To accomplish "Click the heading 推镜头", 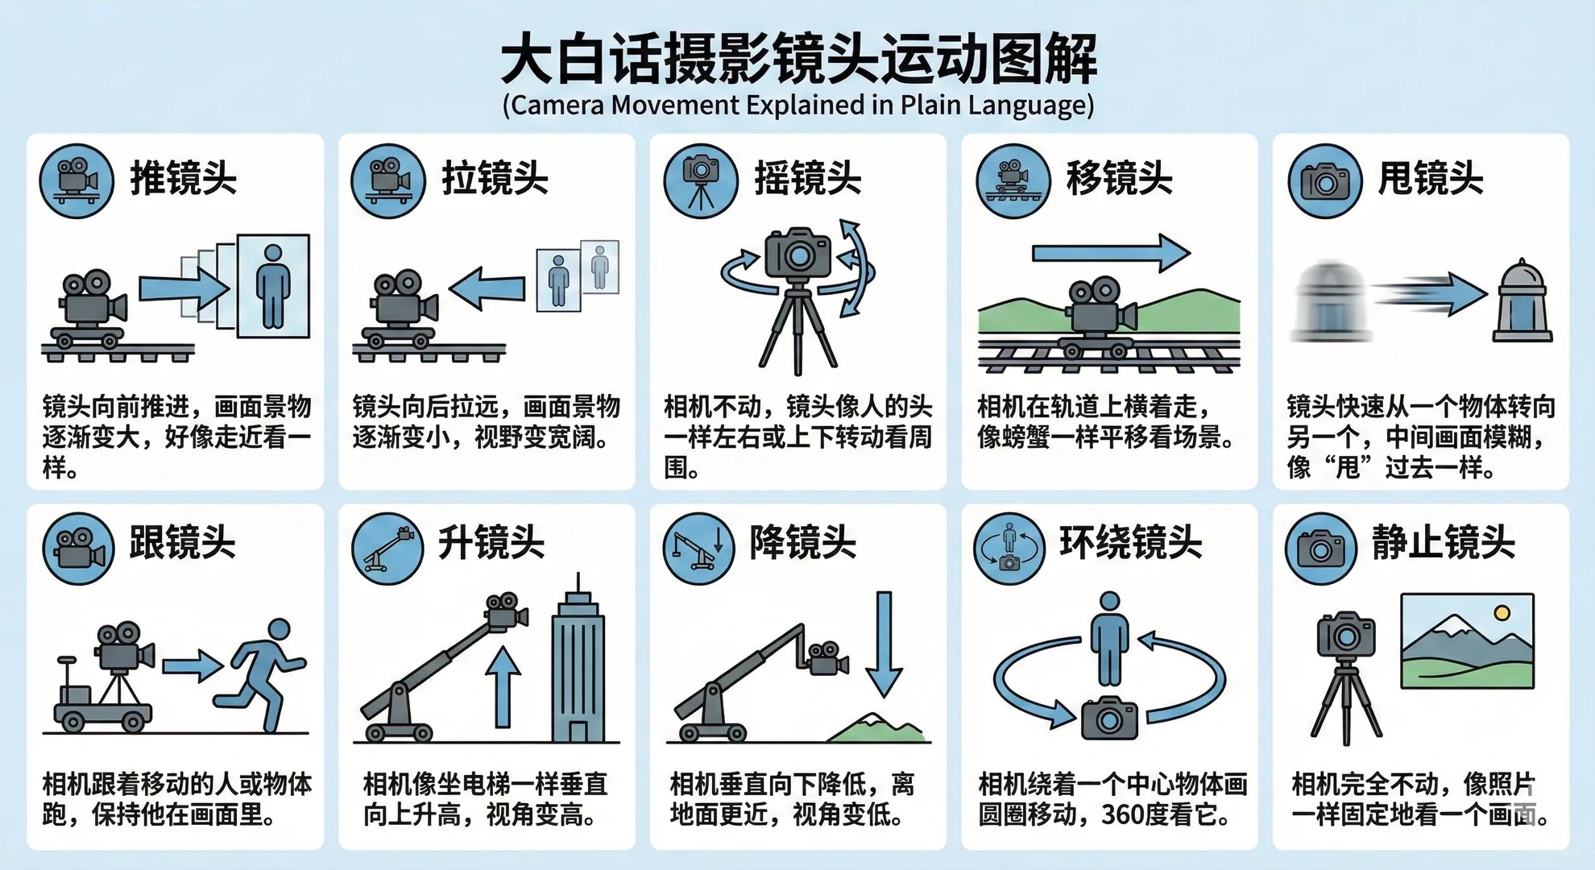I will pyautogui.click(x=184, y=178).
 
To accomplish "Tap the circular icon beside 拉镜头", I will pyautogui.click(x=387, y=181).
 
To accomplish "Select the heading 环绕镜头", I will pyautogui.click(x=1130, y=542).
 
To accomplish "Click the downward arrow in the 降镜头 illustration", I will pyautogui.click(x=884, y=644).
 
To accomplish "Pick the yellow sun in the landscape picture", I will pyautogui.click(x=1501, y=614).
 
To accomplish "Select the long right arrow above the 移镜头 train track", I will pyautogui.click(x=1110, y=254).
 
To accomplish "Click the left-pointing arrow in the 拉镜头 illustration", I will pyautogui.click(x=488, y=288).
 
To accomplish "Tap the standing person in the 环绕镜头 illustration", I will pyautogui.click(x=1109, y=638).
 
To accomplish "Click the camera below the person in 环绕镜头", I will pyautogui.click(x=1108, y=718).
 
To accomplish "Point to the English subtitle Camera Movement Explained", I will pyautogui.click(x=797, y=106).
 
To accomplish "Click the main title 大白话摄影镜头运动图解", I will pyautogui.click(x=797, y=60).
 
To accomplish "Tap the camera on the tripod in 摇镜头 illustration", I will pyautogui.click(x=797, y=253).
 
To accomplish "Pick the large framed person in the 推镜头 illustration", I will pyautogui.click(x=273, y=285).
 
